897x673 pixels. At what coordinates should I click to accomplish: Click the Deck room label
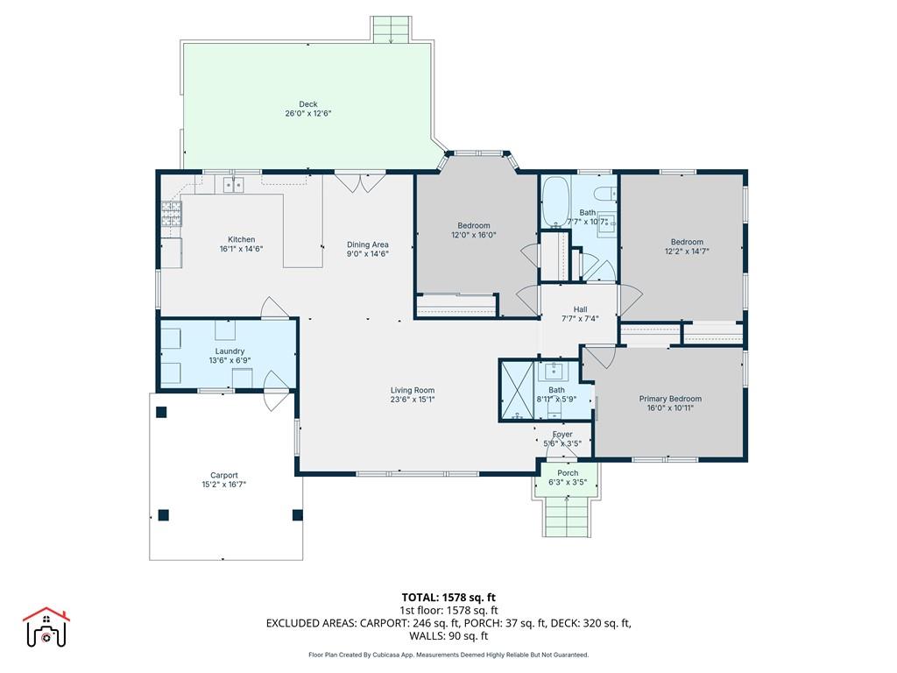(x=307, y=104)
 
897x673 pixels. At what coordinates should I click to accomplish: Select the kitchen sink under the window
(x=233, y=185)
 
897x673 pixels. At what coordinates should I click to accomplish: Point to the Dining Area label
(x=367, y=244)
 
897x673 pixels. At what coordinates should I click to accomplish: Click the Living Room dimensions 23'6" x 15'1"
(x=413, y=400)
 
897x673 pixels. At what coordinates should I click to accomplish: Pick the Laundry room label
(x=230, y=351)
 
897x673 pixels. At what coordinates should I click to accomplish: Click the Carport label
(x=223, y=475)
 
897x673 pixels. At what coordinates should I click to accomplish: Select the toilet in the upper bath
(x=605, y=194)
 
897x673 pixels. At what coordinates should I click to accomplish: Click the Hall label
(x=580, y=309)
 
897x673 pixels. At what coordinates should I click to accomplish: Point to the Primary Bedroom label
(x=670, y=399)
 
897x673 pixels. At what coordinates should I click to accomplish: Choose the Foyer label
(x=562, y=435)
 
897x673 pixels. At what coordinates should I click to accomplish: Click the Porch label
(x=568, y=472)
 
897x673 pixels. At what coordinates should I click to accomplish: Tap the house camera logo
(x=46, y=627)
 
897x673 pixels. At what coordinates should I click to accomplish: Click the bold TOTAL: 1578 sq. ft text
(x=448, y=598)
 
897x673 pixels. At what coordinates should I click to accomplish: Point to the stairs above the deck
(x=392, y=29)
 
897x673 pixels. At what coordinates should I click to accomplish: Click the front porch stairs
(x=567, y=517)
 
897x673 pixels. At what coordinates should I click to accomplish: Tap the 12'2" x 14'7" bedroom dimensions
(x=687, y=251)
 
